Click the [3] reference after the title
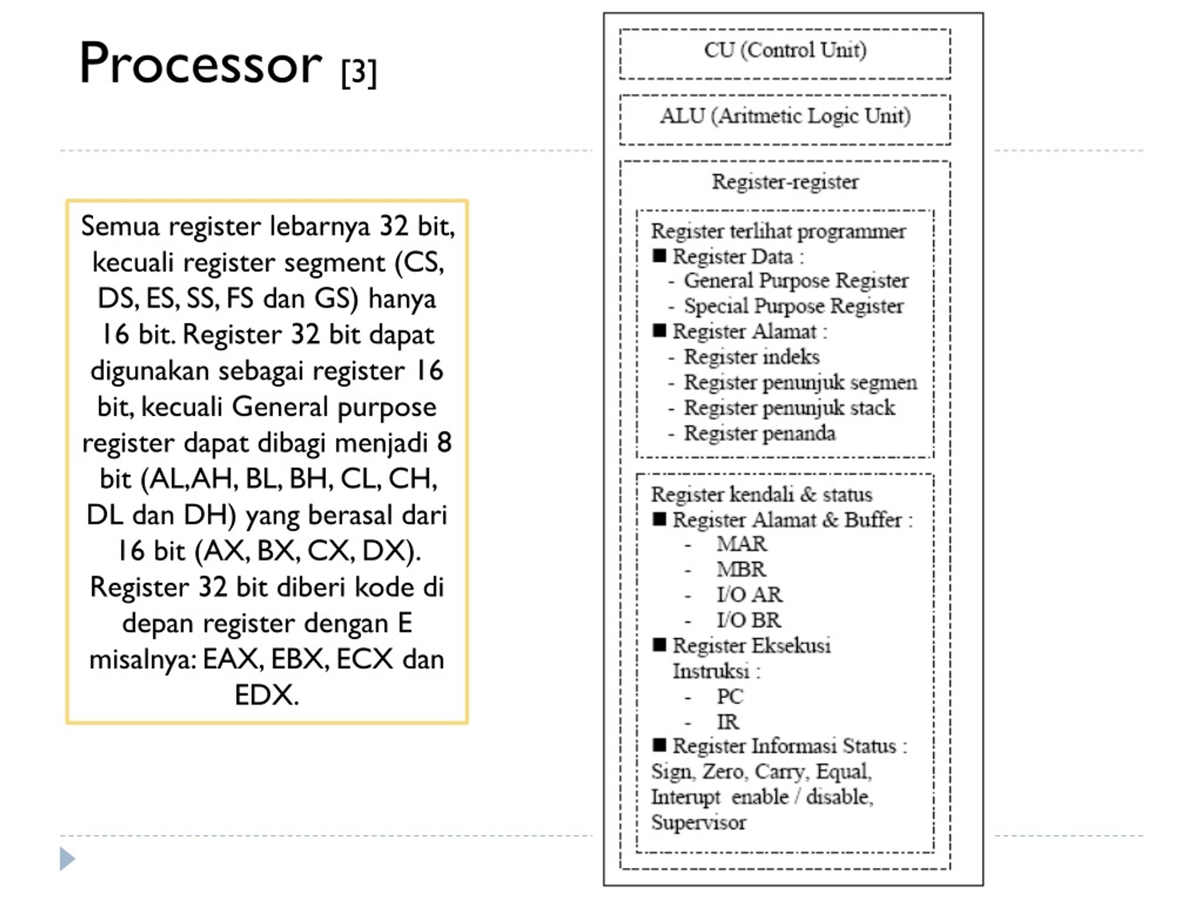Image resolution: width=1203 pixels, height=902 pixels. [x=359, y=72]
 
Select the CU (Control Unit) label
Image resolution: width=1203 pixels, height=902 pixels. [x=785, y=50]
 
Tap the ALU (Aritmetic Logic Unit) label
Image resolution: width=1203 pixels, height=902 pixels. [x=785, y=116]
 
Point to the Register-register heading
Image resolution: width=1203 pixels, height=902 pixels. [x=785, y=182]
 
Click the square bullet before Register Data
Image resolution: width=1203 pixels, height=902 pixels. [x=659, y=256]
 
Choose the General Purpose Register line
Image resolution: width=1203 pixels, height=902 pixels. [x=796, y=281]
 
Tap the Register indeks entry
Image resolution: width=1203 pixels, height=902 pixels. [x=751, y=357]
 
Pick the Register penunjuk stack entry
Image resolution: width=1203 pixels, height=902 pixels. [x=789, y=408]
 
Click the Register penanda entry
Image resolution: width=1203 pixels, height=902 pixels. [x=759, y=433]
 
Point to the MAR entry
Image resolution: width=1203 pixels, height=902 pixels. [x=741, y=544]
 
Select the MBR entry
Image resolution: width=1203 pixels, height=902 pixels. [x=741, y=569]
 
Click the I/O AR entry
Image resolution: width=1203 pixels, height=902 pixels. [x=750, y=594]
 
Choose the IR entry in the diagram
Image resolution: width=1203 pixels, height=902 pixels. [x=727, y=722]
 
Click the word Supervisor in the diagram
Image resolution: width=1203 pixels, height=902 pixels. [x=698, y=823]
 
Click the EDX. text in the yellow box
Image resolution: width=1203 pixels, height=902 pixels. [x=266, y=695]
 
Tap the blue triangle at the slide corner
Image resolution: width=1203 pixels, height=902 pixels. [x=67, y=858]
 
